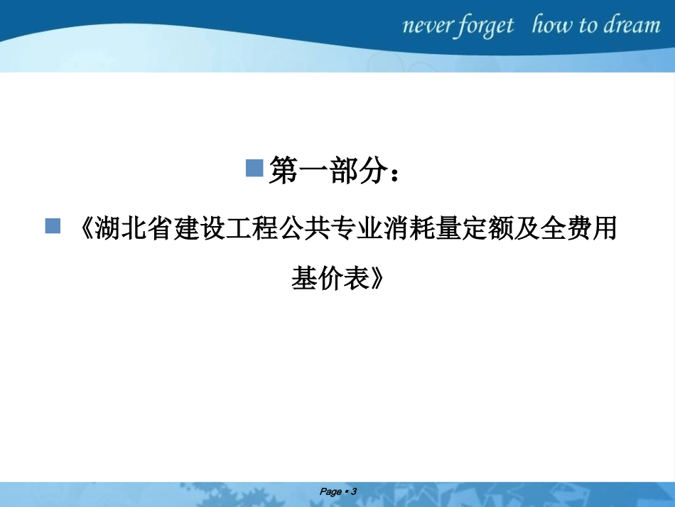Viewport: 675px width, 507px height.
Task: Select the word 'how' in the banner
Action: tap(553, 26)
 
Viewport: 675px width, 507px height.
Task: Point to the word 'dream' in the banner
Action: tap(632, 26)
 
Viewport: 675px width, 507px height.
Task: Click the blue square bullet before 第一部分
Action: tap(254, 169)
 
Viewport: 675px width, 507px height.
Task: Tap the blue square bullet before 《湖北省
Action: tap(53, 226)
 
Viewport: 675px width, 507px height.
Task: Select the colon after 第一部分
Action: tap(396, 174)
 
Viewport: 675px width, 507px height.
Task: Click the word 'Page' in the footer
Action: tap(330, 491)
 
